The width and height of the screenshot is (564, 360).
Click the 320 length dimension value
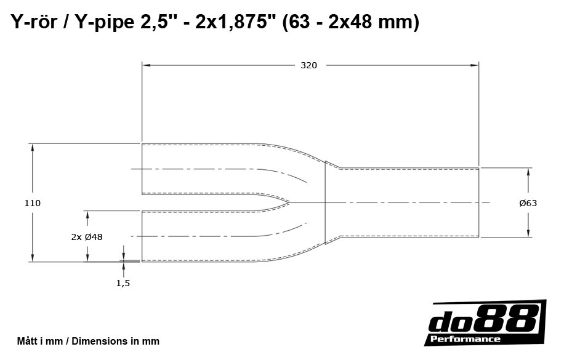click(308, 65)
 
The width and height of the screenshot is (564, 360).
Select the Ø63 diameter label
click(528, 203)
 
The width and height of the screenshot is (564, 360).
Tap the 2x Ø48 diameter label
click(87, 236)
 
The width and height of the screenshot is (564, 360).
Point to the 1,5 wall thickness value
click(123, 283)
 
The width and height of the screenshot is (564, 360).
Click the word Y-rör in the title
click(34, 23)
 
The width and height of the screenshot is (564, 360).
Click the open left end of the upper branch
click(142, 169)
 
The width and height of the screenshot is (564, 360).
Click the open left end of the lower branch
click(142, 236)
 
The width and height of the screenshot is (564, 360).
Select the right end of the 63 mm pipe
click(479, 202)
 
